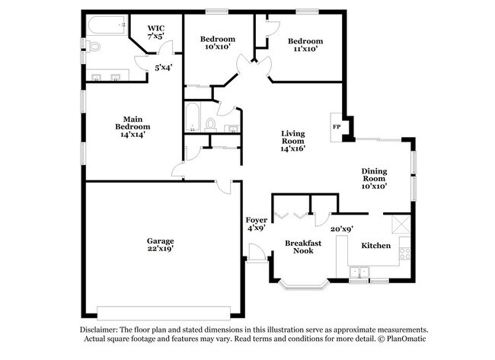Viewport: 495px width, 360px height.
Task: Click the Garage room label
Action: click(x=161, y=240)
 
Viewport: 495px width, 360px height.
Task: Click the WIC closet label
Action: click(x=155, y=27)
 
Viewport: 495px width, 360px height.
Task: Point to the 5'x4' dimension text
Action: click(x=164, y=67)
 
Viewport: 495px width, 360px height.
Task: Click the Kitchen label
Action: click(x=375, y=245)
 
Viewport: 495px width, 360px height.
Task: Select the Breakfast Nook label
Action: click(x=299, y=246)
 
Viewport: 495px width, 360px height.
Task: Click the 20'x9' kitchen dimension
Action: click(x=341, y=228)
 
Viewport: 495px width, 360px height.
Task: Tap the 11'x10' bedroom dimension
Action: click(x=305, y=49)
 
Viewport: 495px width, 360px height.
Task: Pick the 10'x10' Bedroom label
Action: click(x=218, y=40)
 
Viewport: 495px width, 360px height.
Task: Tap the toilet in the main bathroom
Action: click(x=93, y=47)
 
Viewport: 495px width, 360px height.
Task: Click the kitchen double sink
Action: click(x=359, y=270)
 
